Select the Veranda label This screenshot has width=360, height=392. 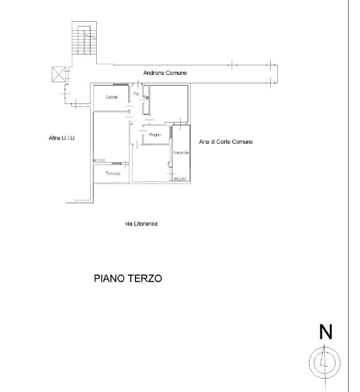[x=181, y=153]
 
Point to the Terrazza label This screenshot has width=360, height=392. [x=113, y=173]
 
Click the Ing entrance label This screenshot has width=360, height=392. [x=136, y=93]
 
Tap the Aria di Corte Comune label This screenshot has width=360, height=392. [x=227, y=142]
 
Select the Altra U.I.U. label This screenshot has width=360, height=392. [x=62, y=138]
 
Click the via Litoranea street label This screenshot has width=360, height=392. [x=141, y=223]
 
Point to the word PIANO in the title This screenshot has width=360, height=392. [x=111, y=278]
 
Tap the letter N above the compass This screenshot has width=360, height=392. [x=325, y=332]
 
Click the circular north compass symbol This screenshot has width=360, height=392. [x=325, y=362]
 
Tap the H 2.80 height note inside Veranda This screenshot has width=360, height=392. [x=180, y=179]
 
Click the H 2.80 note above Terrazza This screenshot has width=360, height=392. [x=99, y=161]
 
